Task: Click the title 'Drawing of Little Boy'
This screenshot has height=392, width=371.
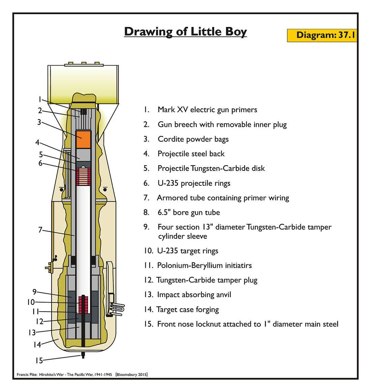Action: pos(185,31)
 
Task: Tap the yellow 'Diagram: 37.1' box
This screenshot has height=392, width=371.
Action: pos(322,35)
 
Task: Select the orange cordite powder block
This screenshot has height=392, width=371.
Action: pos(83,139)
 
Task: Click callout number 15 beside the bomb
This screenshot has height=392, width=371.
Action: pos(39,361)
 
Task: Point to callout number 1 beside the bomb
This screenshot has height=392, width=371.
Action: pos(39,99)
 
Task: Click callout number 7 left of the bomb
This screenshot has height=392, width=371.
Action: pos(40,230)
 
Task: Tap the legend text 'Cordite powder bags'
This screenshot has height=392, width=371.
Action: pos(193,139)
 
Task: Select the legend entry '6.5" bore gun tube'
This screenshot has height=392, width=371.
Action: pos(189,212)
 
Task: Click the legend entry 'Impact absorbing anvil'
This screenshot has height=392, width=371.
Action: pos(194,295)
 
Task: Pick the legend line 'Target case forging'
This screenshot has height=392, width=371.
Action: pos(188,309)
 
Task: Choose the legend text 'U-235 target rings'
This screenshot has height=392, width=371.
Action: pos(188,251)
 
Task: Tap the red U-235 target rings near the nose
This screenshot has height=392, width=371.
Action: pos(83,304)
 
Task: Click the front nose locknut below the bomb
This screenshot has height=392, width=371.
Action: pos(83,355)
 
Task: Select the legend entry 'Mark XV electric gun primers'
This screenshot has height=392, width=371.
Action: pos(207,110)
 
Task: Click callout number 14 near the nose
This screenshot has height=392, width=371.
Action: pos(37,345)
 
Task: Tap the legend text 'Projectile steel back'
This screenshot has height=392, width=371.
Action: pos(191,154)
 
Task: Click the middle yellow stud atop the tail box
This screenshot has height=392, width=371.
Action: pos(84,63)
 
